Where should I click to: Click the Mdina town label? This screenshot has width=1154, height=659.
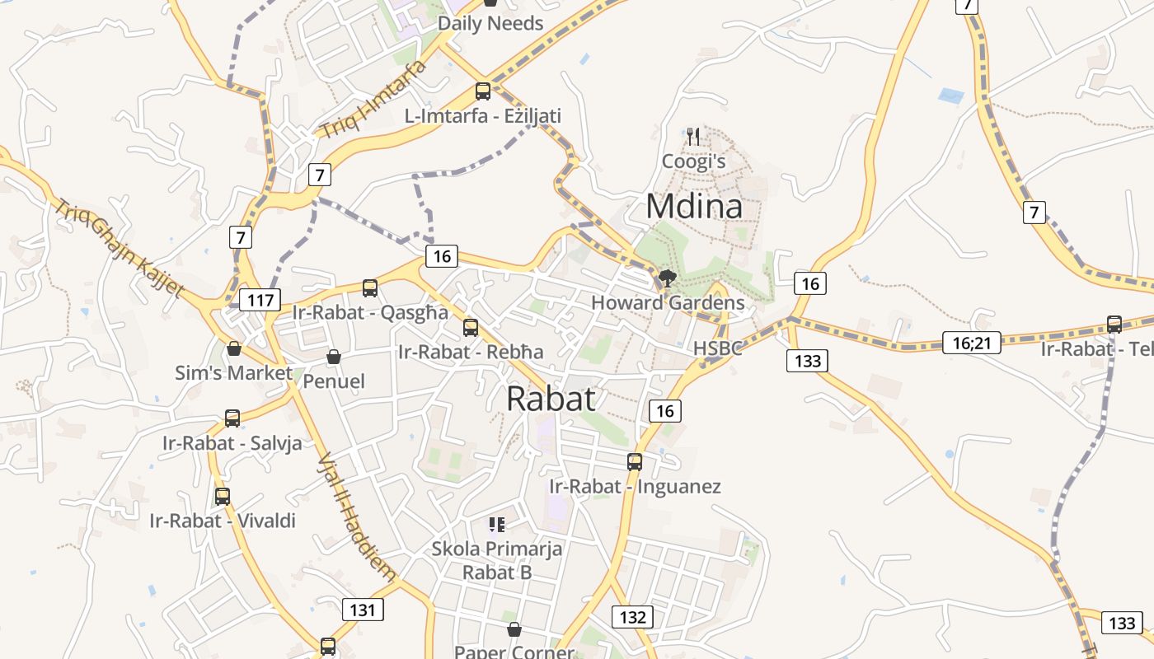(x=694, y=206)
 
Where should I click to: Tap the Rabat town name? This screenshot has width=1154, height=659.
(x=551, y=399)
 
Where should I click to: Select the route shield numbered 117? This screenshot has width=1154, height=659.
(x=260, y=300)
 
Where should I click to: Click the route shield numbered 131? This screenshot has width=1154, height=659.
(x=362, y=610)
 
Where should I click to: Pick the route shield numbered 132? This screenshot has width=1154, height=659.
(x=632, y=616)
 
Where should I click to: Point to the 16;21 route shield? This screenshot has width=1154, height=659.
(x=971, y=342)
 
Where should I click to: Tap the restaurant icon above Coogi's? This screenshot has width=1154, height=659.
(x=693, y=136)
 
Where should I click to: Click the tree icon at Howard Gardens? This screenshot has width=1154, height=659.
(x=668, y=278)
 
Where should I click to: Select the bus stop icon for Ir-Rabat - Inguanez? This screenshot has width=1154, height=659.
(x=634, y=461)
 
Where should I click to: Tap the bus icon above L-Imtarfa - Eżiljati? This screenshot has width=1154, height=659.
(x=483, y=91)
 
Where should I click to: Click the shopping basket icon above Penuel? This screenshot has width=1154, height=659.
(x=334, y=357)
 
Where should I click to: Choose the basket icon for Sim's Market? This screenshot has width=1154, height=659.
(x=234, y=348)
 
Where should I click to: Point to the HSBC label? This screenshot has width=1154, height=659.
(x=717, y=348)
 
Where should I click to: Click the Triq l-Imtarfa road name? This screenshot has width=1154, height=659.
(x=373, y=99)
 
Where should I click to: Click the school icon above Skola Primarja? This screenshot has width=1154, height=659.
(x=496, y=524)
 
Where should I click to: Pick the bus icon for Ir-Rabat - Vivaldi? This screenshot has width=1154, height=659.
(x=223, y=497)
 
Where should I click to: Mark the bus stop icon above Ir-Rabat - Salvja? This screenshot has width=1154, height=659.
(x=232, y=418)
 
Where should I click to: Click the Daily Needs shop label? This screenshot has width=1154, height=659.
(x=490, y=23)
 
